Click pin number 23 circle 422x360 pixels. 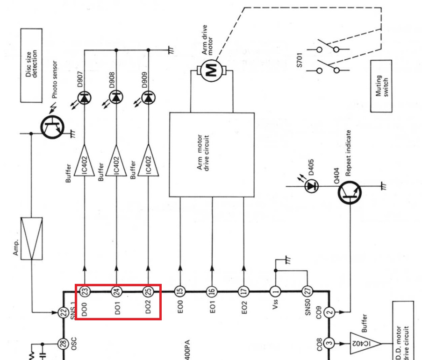pyautogui.click(x=85, y=291)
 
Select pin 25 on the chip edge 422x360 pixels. pyautogui.click(x=148, y=291)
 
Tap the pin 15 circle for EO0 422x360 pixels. pyautogui.click(x=180, y=291)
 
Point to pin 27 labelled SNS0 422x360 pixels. pyautogui.click(x=308, y=291)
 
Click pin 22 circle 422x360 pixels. pyautogui.click(x=63, y=312)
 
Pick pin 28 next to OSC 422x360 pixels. pyautogui.click(x=63, y=344)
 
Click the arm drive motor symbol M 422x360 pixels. pyautogui.click(x=212, y=71)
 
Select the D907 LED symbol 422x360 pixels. pyautogui.click(x=84, y=98)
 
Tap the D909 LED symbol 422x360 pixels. pyautogui.click(x=148, y=97)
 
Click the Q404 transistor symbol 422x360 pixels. pyautogui.click(x=350, y=192)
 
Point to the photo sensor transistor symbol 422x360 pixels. pyautogui.click(x=52, y=127)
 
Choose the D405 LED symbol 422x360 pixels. pyautogui.click(x=312, y=186)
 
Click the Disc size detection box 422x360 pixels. pyautogui.click(x=31, y=65)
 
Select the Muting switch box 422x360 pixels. pyautogui.click(x=381, y=86)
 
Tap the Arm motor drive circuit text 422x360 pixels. pyautogui.click(x=203, y=152)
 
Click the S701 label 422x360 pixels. pyautogui.click(x=300, y=60)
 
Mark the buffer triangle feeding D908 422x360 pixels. pyautogui.click(x=116, y=161)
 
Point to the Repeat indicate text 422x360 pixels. pyautogui.click(x=348, y=153)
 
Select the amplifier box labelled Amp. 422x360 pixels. pyautogui.click(x=31, y=239)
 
